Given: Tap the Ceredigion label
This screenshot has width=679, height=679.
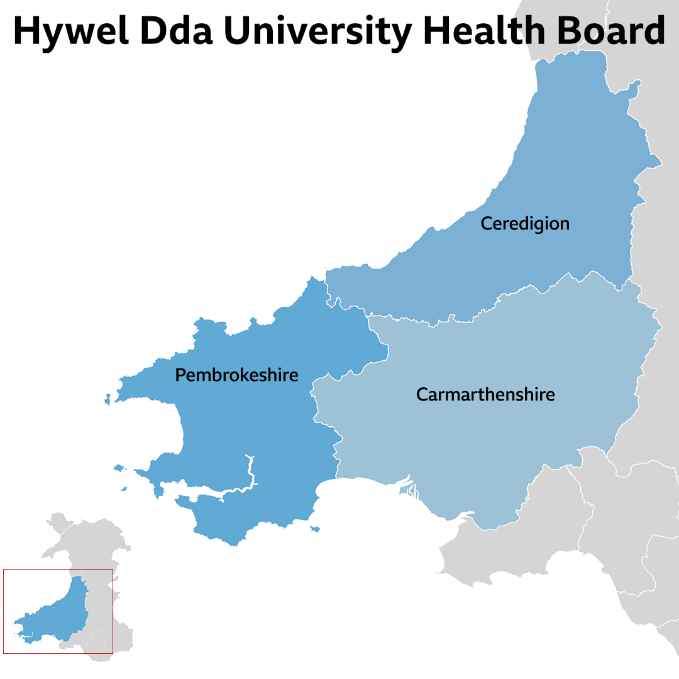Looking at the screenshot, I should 525,223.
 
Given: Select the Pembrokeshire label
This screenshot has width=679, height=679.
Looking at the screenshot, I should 236,375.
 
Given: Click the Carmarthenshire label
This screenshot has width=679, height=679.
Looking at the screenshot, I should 485,395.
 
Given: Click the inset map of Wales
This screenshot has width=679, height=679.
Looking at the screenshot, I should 58,610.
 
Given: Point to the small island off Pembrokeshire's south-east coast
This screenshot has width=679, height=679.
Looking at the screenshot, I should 315,529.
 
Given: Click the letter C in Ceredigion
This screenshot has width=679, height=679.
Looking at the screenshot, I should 486,223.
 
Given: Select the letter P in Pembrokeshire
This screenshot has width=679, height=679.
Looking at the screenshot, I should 180,375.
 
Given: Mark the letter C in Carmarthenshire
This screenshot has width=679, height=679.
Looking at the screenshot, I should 422,395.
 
